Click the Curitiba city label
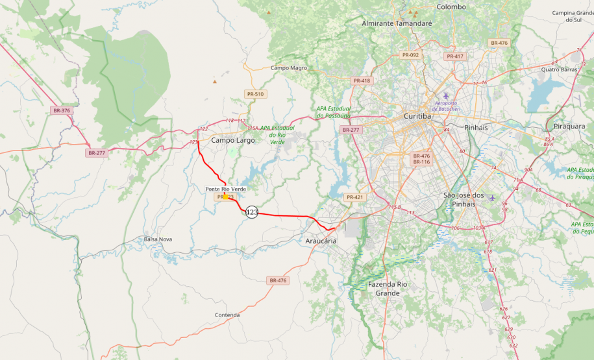[417, 116]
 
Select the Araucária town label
[321, 241]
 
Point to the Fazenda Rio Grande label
[388, 289]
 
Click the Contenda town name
[227, 315]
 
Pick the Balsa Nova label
[158, 239]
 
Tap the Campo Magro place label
[289, 68]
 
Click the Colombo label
[451, 6]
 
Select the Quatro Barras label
[559, 69]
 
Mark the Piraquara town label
[569, 126]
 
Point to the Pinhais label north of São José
[476, 128]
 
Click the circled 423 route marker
[252, 212]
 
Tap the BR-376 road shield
[62, 111]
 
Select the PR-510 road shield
[255, 94]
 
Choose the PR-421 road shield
[354, 197]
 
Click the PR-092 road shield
[410, 55]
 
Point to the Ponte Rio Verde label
[226, 189]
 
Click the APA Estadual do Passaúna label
[334, 112]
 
